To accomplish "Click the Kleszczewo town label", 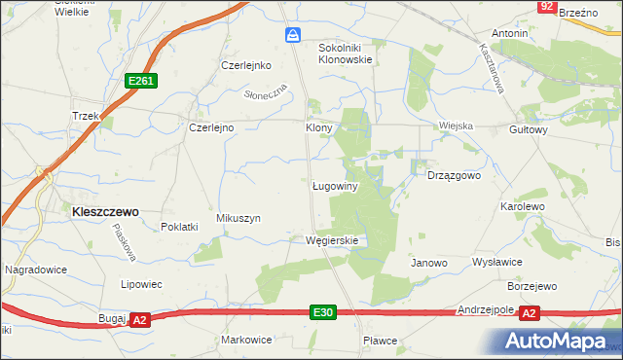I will pos(103,209).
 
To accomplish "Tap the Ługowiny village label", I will pos(338,185).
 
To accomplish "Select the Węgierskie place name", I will pos(333,240).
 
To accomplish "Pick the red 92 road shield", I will pos(546,7).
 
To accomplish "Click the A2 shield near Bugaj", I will pos(139,319).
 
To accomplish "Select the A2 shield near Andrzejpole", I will pos(530,312).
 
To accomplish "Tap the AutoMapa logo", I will pos(554,341).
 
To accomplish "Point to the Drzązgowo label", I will pos(455,176).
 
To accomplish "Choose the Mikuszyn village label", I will pos(238,219).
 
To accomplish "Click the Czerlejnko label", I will pos(244,65).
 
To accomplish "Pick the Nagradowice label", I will pos(34,268).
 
